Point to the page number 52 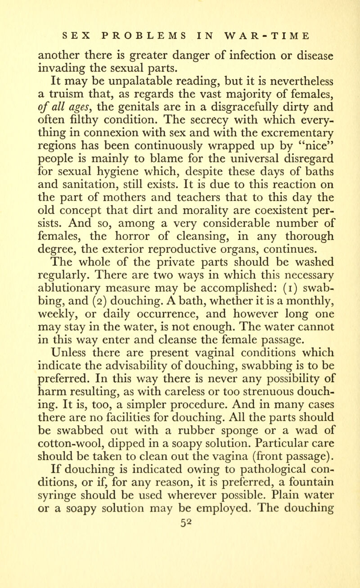click(x=179, y=572)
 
